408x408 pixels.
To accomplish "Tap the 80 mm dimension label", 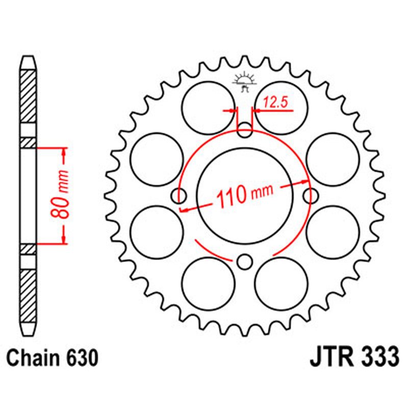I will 60,195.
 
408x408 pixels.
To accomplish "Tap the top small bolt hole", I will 245,131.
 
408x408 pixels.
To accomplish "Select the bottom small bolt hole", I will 245,262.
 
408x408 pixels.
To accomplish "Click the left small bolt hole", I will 180,196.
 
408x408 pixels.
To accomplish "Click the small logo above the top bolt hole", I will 244,82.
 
